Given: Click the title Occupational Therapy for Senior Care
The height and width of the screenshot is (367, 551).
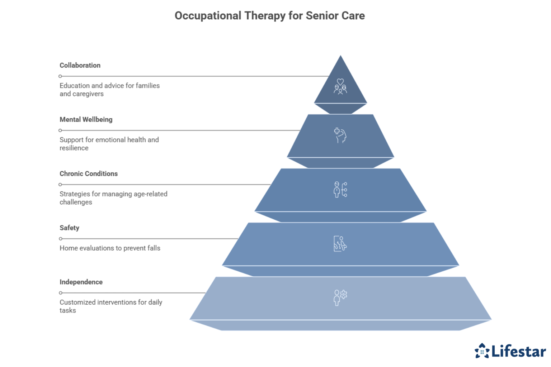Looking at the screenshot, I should click(269, 16).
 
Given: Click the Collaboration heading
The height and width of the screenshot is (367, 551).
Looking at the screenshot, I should click(80, 65).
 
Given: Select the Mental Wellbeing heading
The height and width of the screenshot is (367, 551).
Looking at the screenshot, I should click(86, 119).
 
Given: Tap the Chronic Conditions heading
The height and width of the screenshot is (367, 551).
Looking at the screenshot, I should click(89, 173).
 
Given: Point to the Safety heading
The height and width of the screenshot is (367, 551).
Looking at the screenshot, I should click(69, 228).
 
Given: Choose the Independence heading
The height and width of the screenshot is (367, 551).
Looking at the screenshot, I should click(81, 282).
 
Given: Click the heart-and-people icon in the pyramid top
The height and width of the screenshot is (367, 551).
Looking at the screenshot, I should click(340, 86).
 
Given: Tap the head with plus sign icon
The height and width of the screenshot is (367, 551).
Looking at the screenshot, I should click(340, 135).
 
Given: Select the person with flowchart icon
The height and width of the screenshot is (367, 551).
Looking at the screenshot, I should click(340, 190).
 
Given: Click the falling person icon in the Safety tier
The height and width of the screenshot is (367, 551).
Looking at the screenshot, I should click(340, 244).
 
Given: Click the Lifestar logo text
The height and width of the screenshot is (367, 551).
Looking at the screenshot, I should click(518, 351).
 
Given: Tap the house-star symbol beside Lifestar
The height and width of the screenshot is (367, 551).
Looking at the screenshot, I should click(482, 351).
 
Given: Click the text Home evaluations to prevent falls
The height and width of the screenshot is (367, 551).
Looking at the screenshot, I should click(110, 248).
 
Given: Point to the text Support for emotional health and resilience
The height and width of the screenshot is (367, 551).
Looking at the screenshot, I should click(109, 144).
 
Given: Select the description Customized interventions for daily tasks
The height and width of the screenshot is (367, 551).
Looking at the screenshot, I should click(110, 306).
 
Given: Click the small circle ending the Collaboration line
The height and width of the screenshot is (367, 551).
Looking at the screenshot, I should click(60, 76).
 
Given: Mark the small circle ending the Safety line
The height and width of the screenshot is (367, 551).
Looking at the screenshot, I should click(60, 239).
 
